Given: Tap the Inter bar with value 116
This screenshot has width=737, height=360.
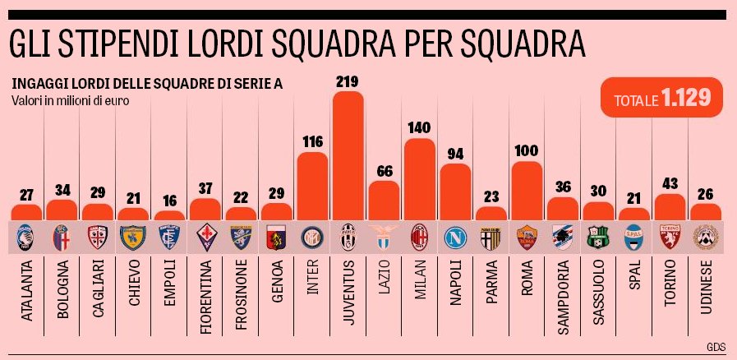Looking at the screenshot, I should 311,185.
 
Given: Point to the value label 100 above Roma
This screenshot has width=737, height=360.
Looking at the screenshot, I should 527,151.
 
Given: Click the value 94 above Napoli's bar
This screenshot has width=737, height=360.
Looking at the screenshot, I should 455,154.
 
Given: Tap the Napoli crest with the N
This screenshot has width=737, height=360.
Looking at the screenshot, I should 455,238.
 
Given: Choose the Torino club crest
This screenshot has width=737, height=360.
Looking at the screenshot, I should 670,238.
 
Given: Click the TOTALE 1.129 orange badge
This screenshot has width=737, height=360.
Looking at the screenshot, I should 661,99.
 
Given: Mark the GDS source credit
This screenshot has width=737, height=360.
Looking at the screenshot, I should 716,346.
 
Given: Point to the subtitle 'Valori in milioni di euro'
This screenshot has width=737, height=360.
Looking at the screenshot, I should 71,101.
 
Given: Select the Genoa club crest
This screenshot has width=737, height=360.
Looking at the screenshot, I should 275,238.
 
